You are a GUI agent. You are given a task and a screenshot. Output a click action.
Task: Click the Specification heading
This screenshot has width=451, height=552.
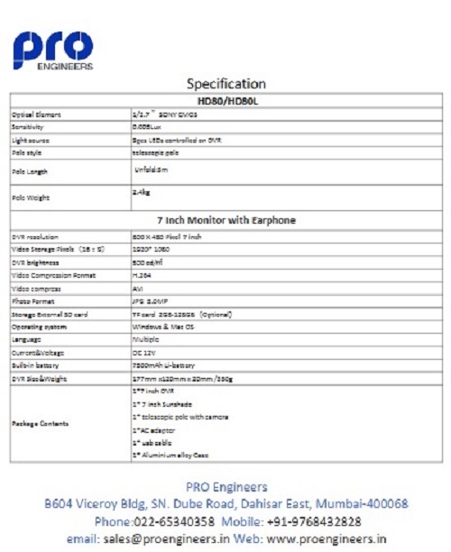pos(225,84)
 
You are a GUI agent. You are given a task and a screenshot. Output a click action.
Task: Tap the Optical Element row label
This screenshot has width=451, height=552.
pos(35,115)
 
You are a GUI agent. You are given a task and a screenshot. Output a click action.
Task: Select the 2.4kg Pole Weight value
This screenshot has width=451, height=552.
pos(141,192)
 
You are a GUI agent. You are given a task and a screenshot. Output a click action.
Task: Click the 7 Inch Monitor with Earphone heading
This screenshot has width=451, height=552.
pos(225,219)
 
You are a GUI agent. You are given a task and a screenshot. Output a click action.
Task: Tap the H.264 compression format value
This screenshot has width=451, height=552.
pos(143,274)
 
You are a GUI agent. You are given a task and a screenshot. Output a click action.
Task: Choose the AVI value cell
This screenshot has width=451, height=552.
pos(139,288)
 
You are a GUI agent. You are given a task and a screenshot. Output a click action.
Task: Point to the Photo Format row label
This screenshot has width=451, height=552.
pos(33,300)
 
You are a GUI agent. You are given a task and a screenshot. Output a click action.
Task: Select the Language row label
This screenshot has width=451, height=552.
pos(28,338)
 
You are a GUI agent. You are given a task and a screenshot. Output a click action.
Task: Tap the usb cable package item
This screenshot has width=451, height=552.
pos(153,444)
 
